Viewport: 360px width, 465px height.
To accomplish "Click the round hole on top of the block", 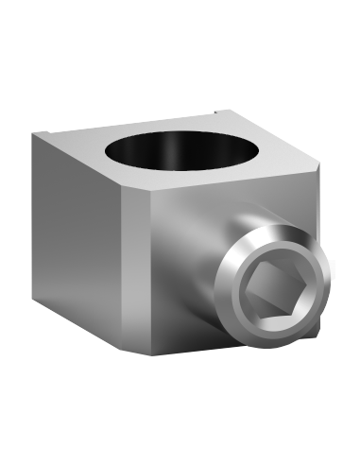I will (x=180, y=151).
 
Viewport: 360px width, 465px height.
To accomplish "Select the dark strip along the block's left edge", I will (x=34, y=217).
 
